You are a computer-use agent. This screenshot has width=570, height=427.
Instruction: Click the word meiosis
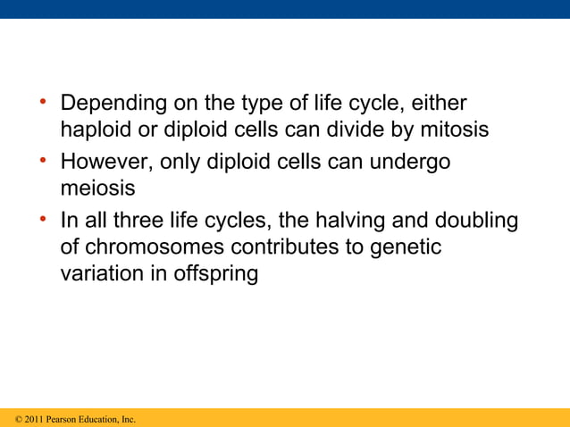97,189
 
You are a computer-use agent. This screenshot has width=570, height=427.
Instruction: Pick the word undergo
412,163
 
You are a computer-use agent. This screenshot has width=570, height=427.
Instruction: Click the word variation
99,273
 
